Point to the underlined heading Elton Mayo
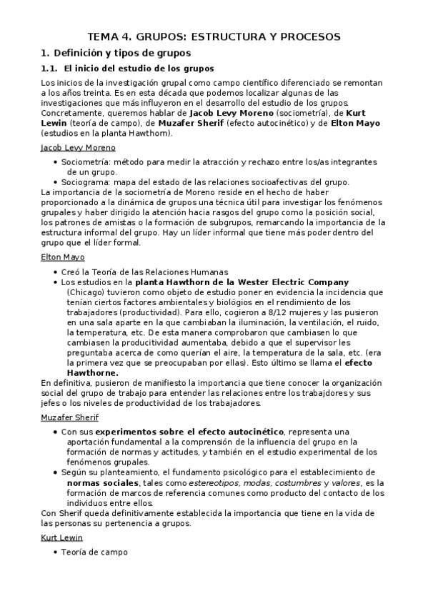(63, 257)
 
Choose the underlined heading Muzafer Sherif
(70, 417)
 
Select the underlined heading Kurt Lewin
(62, 537)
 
